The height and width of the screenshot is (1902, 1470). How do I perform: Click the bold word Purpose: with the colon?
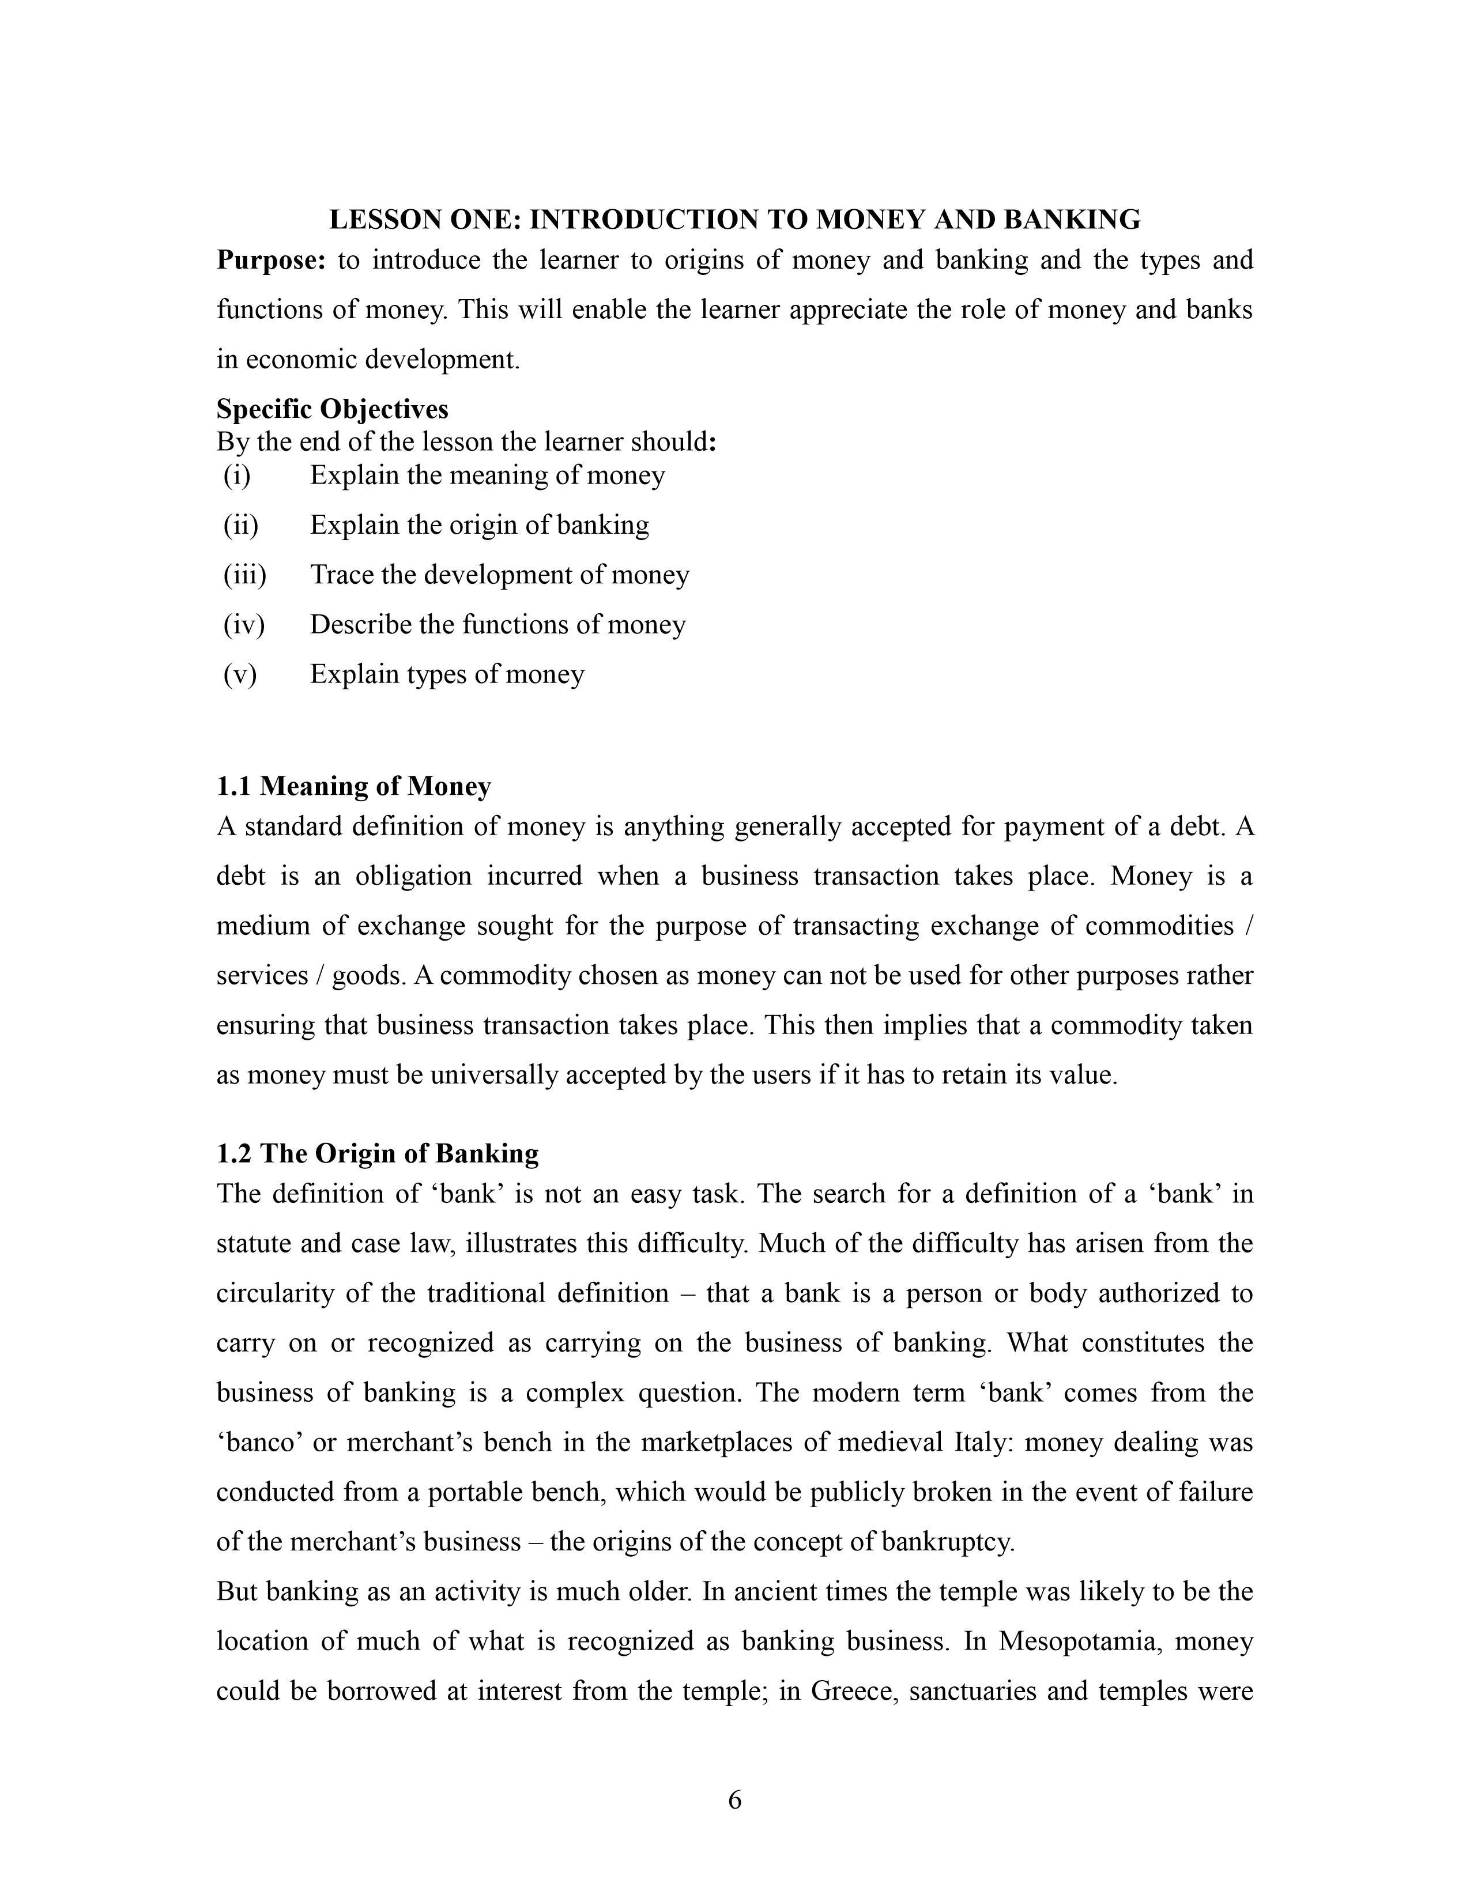[271, 261]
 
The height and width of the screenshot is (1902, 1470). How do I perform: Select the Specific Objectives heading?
[332, 409]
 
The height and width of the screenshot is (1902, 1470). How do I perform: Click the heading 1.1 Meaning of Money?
[353, 786]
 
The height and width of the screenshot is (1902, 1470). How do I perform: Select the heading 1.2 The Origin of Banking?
[377, 1154]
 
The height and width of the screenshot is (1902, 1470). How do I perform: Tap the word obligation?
[414, 876]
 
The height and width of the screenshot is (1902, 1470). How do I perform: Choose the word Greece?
[853, 1691]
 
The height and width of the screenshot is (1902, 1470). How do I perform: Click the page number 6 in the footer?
[734, 1800]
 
